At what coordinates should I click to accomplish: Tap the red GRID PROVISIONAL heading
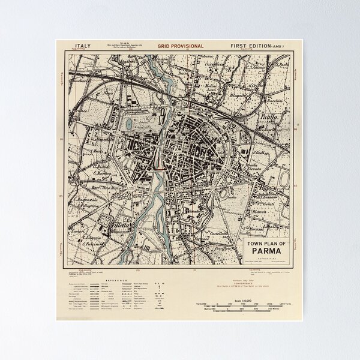point(180,46)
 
